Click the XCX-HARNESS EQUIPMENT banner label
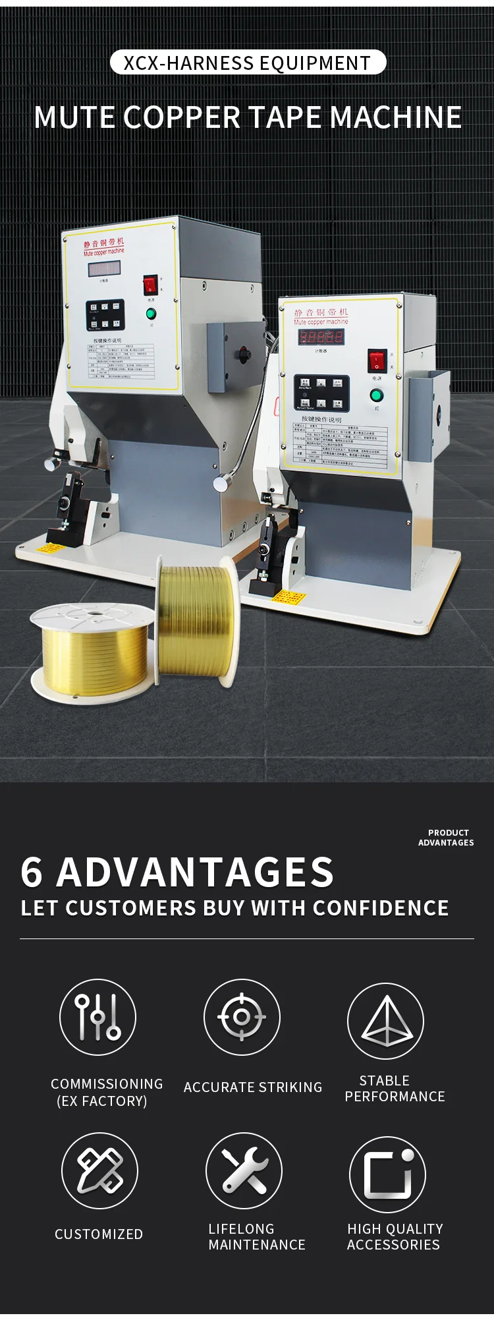[x=248, y=63]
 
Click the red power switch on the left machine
[x=150, y=285]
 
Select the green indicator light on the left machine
[x=151, y=312]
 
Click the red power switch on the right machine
[x=376, y=360]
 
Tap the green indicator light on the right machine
[x=376, y=395]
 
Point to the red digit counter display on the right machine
[x=321, y=337]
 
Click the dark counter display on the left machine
[x=105, y=269]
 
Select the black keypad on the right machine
[x=321, y=393]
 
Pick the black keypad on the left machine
[x=105, y=315]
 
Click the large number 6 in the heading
[x=32, y=872]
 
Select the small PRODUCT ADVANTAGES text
[x=446, y=838]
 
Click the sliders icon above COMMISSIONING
[x=97, y=1017]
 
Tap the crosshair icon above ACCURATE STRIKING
[x=242, y=1017]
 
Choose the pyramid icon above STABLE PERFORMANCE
[x=386, y=1021]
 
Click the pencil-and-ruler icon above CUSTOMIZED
[x=99, y=1170]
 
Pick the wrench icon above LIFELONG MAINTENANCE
[x=244, y=1170]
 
